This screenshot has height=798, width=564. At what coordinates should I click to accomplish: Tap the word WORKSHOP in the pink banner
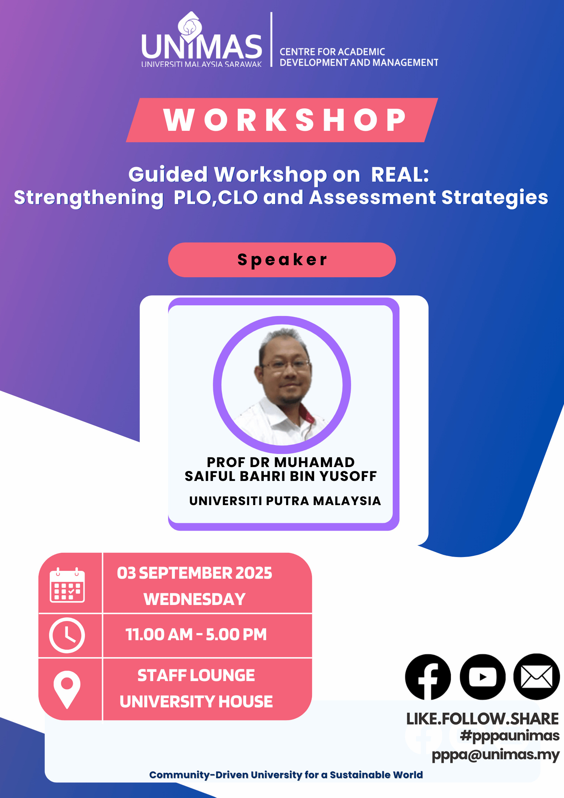tap(285, 120)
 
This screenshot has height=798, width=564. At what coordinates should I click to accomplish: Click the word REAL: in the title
tap(400, 175)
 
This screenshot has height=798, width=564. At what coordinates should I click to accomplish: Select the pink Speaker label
tap(282, 260)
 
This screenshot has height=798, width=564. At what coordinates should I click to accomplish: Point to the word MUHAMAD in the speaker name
tap(315, 462)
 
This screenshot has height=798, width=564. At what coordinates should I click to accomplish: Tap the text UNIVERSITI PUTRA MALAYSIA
tap(285, 501)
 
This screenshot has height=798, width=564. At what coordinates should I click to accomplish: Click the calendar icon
tap(67, 585)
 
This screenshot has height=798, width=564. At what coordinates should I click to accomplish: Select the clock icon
tap(67, 635)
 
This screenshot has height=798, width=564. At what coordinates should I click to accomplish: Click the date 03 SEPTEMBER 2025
tap(195, 573)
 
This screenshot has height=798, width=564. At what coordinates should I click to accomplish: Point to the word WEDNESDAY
tap(195, 599)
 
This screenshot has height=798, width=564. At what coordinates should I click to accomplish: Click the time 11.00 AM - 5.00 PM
tap(196, 634)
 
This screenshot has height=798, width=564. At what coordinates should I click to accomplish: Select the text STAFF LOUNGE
tap(196, 675)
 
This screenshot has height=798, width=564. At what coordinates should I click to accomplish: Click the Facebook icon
tap(428, 677)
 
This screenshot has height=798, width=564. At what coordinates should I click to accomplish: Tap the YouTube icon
tap(483, 677)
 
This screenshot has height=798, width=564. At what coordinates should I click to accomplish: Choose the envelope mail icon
tap(537, 677)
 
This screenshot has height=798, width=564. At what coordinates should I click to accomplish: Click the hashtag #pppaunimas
tap(510, 736)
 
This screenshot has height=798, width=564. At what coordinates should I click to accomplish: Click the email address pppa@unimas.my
tap(496, 754)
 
